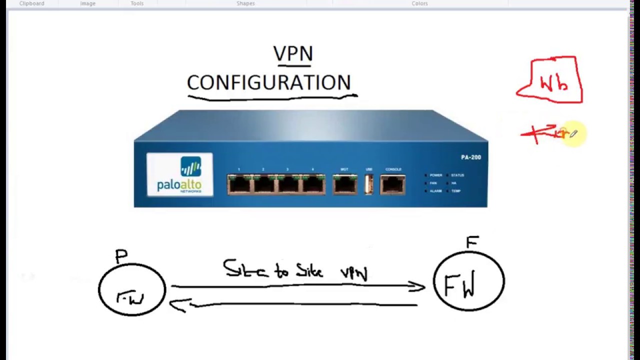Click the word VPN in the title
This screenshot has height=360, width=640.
click(293, 53)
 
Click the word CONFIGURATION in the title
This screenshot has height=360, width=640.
click(269, 82)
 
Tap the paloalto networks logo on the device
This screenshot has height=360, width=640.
click(179, 175)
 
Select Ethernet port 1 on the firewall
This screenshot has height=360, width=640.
click(239, 184)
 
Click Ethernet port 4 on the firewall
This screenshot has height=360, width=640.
click(313, 184)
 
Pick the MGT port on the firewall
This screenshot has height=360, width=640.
click(344, 184)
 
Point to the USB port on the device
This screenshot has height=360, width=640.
click(369, 184)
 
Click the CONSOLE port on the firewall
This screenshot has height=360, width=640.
click(393, 184)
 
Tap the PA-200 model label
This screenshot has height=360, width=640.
click(470, 157)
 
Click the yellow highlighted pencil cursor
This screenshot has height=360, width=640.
click(573, 133)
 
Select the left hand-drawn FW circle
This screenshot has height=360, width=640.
click(132, 289)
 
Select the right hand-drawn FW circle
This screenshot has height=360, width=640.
click(468, 281)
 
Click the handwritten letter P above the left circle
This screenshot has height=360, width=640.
click(121, 256)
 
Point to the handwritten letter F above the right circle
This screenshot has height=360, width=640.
click(472, 242)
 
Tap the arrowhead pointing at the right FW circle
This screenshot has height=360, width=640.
click(418, 286)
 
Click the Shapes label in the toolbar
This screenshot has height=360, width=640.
click(245, 3)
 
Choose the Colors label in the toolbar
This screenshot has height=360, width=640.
click(419, 3)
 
